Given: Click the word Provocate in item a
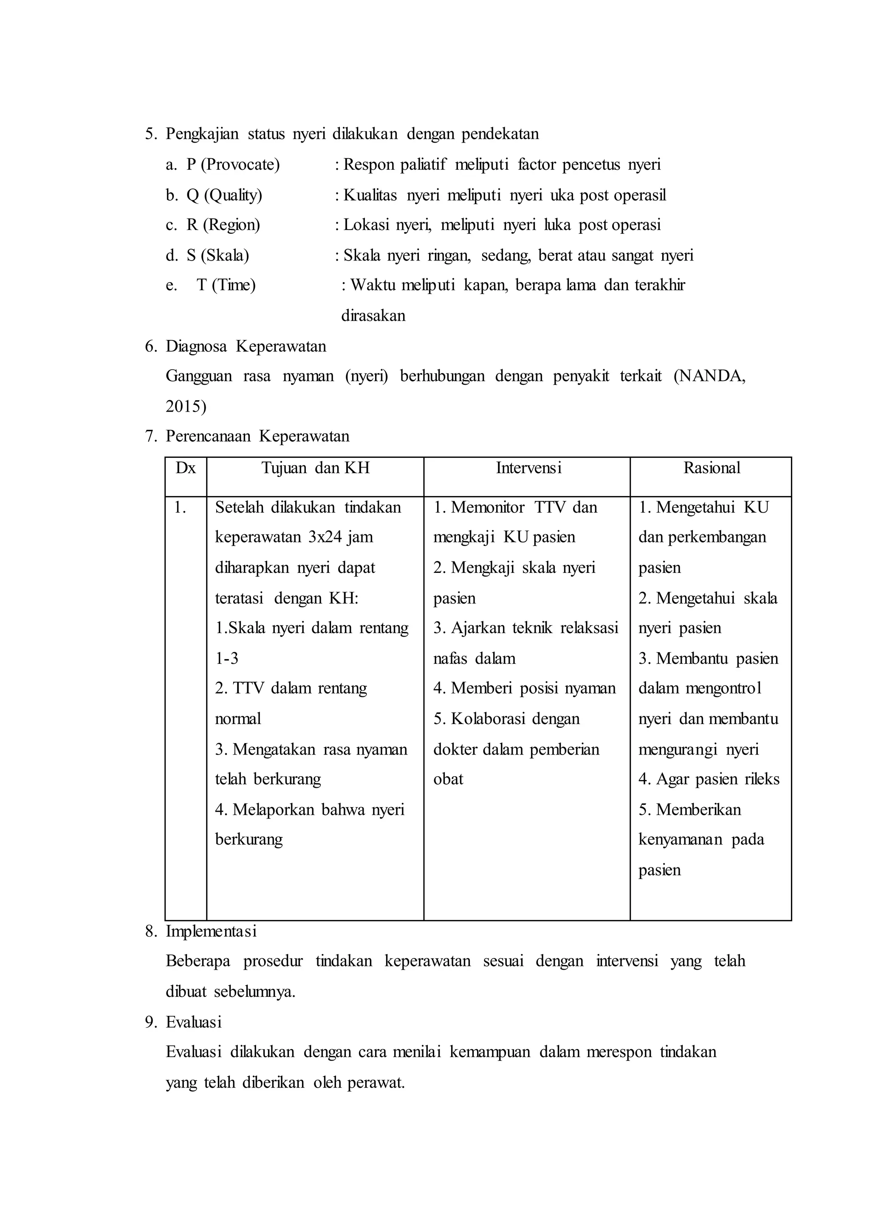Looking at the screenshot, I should pos(240,164).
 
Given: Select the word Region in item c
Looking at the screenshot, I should pos(231,225).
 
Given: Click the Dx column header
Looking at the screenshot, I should pos(186,469).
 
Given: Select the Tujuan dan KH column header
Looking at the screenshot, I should pos(316,469).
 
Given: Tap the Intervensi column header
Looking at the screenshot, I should pos(528,469).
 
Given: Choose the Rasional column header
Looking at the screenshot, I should pos(712,469).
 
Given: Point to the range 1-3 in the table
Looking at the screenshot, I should pos(226,658).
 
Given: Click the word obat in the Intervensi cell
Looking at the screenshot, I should pos(449,779).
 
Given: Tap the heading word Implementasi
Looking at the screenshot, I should pos(211,932).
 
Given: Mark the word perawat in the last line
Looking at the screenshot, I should pos(376,1083).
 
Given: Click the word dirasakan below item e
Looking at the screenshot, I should pos(373,316).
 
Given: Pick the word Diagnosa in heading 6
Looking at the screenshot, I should pos(196,346).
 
